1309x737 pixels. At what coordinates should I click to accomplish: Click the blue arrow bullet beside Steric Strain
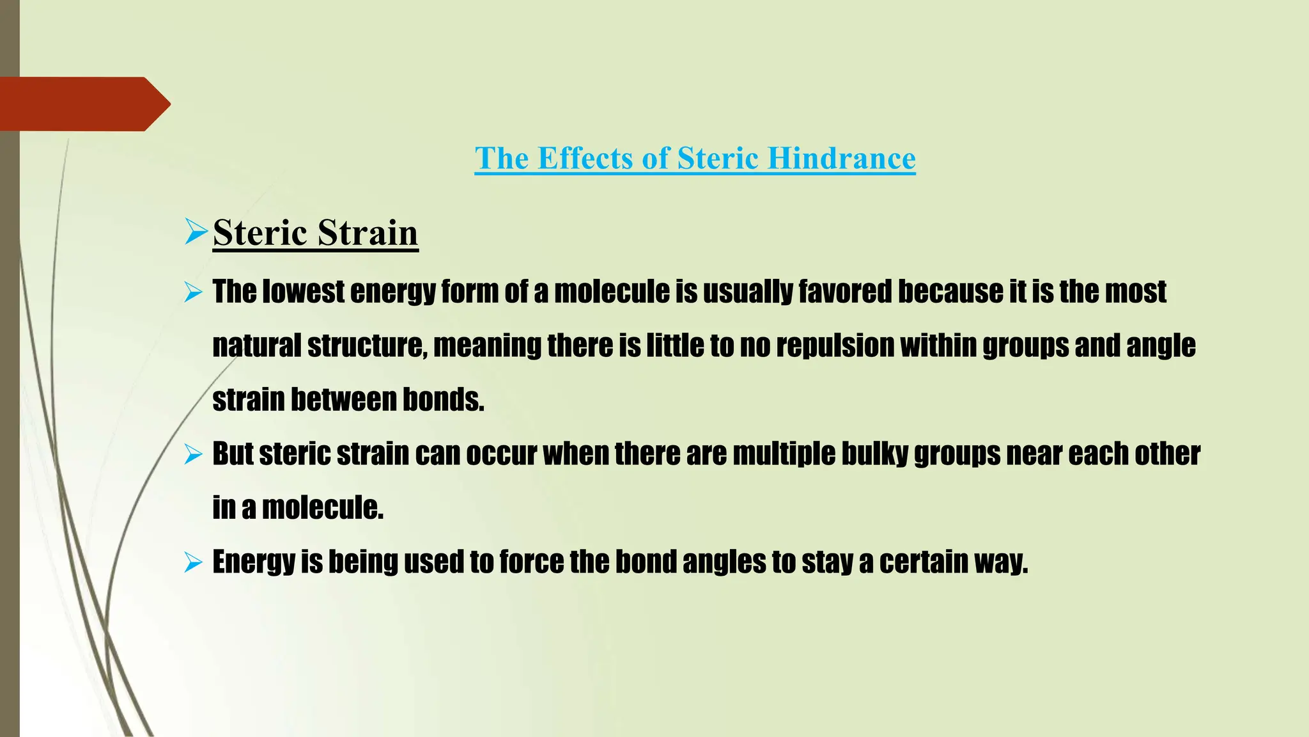pos(196,231)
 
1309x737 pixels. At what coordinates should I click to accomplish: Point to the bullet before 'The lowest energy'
pos(193,293)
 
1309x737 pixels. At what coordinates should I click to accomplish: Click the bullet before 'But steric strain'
pos(193,455)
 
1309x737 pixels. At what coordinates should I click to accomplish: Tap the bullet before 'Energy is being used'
pos(193,563)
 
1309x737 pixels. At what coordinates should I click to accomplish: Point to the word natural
pos(256,345)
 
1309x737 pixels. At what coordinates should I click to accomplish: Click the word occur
pos(501,454)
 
